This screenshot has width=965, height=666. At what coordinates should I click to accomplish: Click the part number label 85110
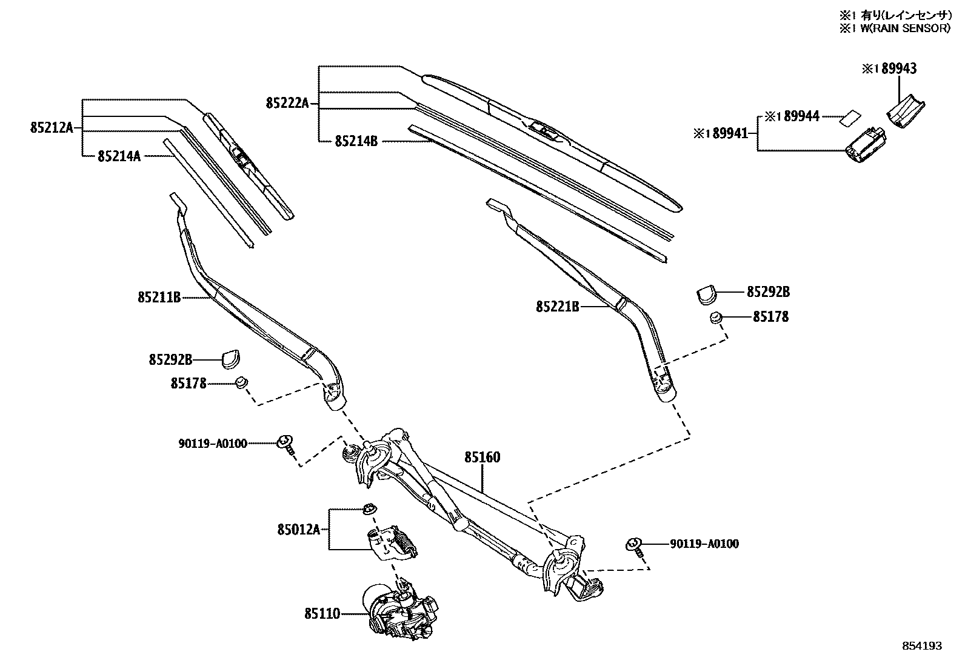point(322,614)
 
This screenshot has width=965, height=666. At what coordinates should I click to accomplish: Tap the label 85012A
point(298,530)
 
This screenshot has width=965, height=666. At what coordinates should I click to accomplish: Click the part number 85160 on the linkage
point(482,458)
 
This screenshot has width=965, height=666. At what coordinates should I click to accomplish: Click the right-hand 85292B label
point(768,292)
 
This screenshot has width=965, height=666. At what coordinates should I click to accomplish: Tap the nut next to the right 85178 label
point(716,317)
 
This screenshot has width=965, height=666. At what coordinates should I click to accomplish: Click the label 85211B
point(159,298)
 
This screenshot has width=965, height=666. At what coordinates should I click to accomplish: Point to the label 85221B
point(557,307)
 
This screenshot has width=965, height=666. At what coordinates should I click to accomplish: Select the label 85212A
point(51,128)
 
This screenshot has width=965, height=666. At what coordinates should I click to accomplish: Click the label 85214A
point(119,156)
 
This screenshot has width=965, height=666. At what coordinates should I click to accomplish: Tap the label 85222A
point(287,104)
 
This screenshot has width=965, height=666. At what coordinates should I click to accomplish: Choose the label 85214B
point(356,141)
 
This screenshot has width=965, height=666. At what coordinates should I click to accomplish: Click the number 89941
point(730,133)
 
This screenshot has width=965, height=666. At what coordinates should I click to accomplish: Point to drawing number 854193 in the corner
point(921,646)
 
